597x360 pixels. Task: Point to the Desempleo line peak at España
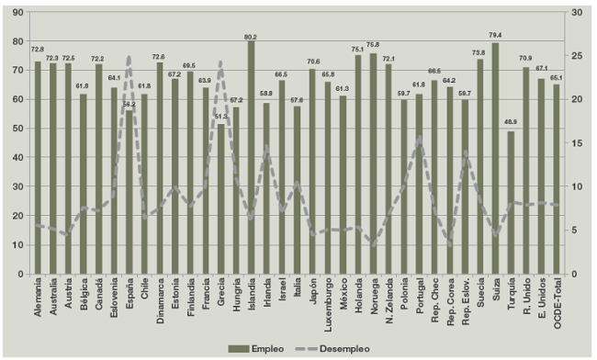(130, 57)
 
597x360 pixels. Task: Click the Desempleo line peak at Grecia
(220, 62)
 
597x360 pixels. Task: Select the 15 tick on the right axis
(575, 143)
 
